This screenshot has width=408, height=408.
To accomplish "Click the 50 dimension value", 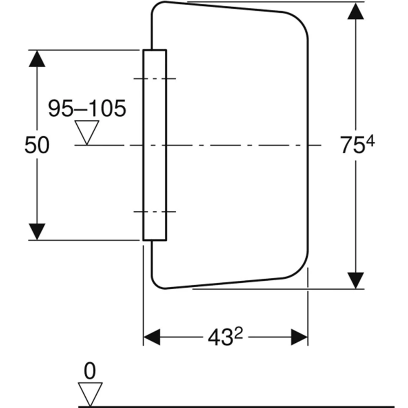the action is point(37,145).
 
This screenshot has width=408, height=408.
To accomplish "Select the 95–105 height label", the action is point(87,108).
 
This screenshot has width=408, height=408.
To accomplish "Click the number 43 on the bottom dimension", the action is point(220,337).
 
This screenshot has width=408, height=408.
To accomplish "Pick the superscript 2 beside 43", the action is point(238,334).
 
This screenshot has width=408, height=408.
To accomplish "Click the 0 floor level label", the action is point(90,371).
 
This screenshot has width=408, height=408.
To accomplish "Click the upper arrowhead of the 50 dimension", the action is point(37,59).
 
